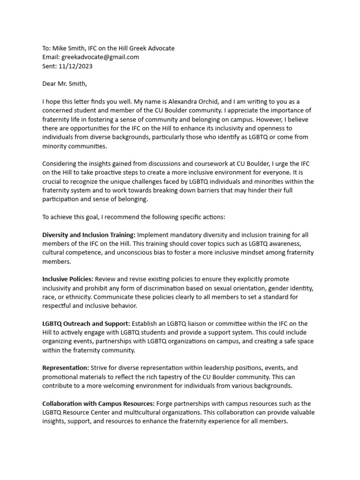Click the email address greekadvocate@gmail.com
(x=100, y=57)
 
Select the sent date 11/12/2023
(x=76, y=66)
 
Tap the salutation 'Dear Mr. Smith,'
(x=65, y=84)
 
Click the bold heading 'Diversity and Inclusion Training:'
(x=89, y=235)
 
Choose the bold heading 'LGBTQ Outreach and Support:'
(x=86, y=324)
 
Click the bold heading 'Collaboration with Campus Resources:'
(x=98, y=404)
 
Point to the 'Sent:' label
(x=50, y=66)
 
